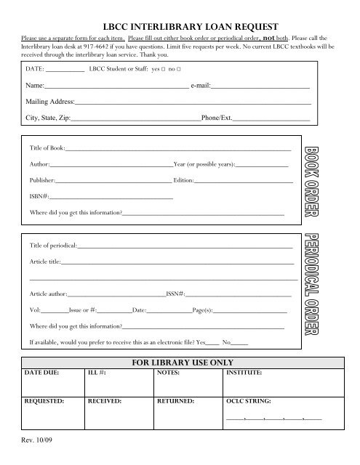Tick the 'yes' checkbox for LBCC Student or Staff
pyautogui.click(x=164, y=70)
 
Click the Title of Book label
pyautogui.click(x=47, y=148)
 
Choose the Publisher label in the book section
pyautogui.click(x=43, y=179)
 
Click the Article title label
pyautogui.click(x=45, y=260)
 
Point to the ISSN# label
pyautogui.click(x=176, y=294)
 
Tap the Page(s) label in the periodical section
pyautogui.click(x=203, y=310)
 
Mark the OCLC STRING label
pyautogui.click(x=249, y=400)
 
